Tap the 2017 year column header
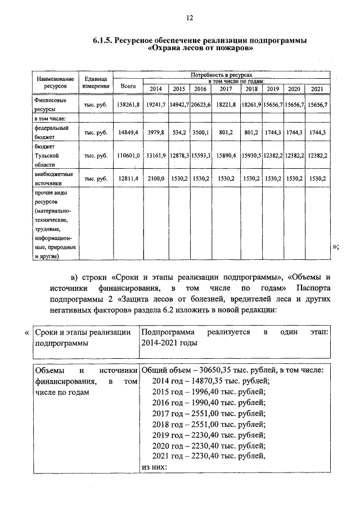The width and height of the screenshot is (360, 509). [226, 89]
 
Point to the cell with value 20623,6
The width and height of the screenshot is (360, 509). [200, 105]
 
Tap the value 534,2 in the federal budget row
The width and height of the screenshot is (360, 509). [179, 132]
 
